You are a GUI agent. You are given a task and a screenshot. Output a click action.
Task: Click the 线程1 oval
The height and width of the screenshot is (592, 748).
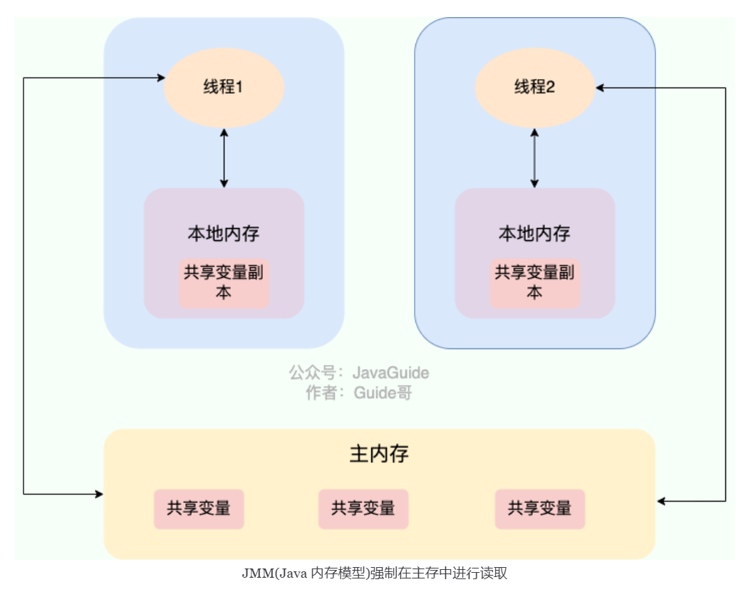point(224,88)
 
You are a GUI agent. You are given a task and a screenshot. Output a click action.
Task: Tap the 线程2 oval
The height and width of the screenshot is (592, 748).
point(534,88)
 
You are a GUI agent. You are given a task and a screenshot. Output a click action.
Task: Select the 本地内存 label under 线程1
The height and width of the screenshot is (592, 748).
point(224,233)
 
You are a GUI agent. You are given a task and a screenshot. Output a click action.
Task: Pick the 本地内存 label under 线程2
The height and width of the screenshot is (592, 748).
point(534,233)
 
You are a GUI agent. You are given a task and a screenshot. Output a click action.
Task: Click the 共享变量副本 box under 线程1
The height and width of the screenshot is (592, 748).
point(224,283)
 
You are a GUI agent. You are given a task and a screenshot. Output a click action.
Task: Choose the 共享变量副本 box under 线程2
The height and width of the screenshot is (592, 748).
point(534,283)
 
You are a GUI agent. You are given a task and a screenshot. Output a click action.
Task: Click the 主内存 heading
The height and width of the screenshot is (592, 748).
point(379,454)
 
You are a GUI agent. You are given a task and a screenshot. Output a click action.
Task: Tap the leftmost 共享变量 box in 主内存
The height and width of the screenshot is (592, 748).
point(199,509)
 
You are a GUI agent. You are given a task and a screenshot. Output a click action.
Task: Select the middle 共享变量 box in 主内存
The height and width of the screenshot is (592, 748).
point(363,509)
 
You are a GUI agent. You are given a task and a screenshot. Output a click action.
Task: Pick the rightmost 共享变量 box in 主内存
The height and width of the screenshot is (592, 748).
point(539,509)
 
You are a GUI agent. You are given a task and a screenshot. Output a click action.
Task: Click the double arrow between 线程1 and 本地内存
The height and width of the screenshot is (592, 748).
point(224,158)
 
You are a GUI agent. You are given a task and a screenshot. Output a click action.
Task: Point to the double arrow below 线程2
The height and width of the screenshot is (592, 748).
point(534,158)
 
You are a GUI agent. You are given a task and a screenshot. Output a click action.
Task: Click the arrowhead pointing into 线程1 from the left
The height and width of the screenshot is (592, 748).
point(160,77)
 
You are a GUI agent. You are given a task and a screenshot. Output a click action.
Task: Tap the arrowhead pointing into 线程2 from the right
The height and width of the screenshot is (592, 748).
point(601,88)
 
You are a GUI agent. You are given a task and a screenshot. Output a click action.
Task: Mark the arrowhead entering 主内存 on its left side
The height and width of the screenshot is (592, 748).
point(99,493)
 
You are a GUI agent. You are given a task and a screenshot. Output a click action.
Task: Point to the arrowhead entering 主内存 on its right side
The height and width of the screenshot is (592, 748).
point(660,502)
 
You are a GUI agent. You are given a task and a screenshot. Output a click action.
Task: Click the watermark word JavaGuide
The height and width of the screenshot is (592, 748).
point(391,373)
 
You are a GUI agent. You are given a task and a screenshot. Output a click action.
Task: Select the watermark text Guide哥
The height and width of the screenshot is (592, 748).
point(383,393)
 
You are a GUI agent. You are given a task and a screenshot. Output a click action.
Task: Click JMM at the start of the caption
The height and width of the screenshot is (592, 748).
point(254,573)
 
